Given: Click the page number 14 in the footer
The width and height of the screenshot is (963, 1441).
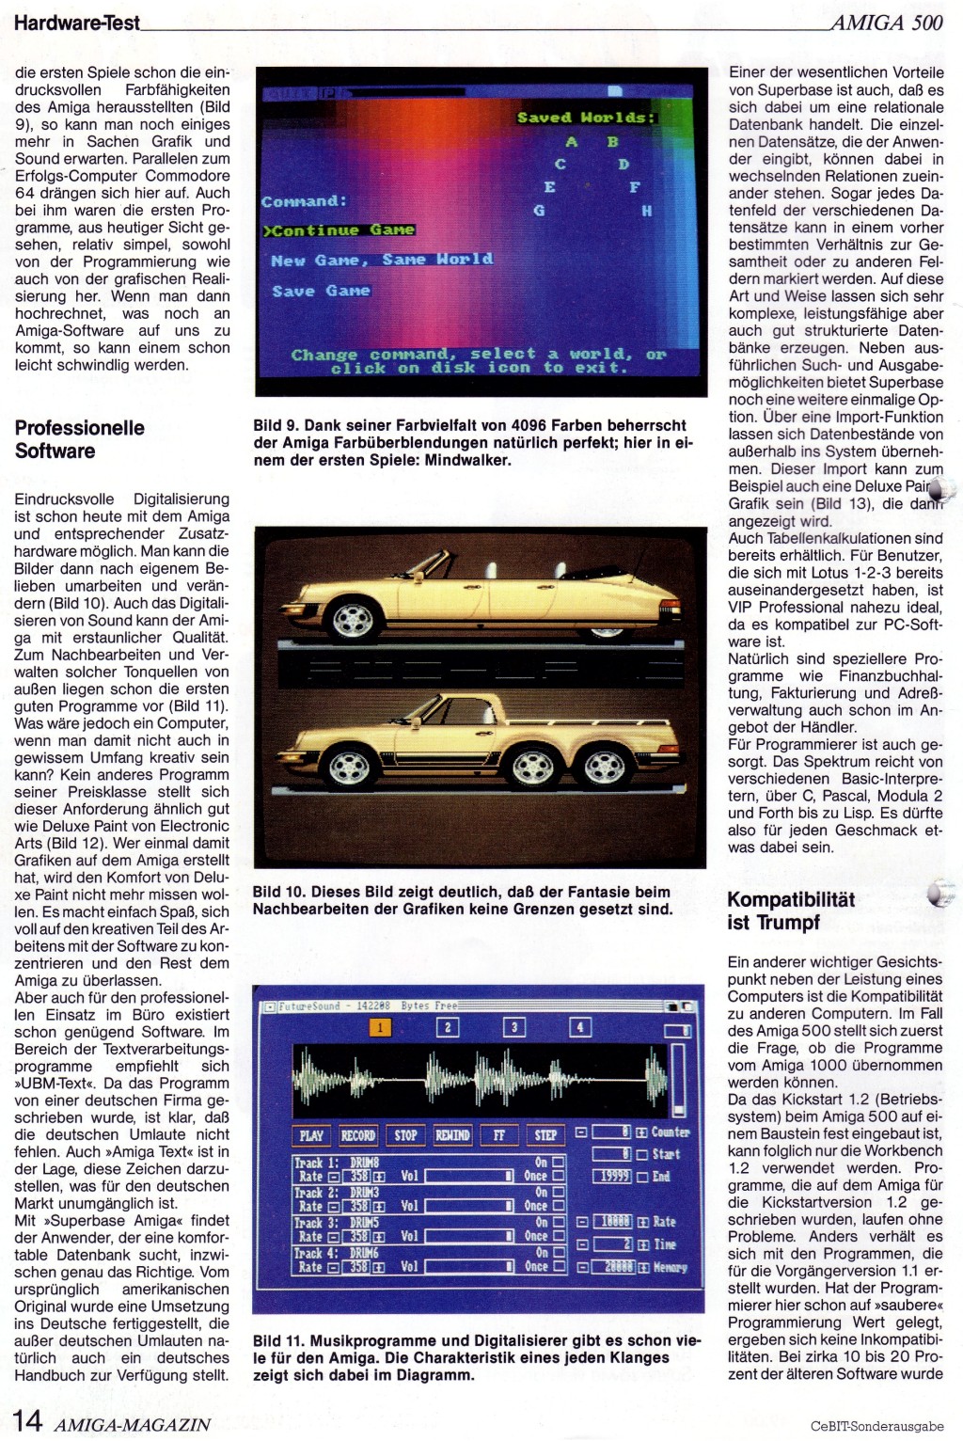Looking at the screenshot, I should [27, 1420].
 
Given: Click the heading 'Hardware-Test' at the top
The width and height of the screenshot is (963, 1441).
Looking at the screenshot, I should [76, 23].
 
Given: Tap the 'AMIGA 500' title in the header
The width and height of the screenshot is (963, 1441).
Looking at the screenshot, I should [886, 23].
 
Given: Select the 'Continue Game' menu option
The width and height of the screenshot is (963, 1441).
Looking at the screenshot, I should [339, 230].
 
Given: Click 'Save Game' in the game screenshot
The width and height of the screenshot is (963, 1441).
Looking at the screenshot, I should [321, 291].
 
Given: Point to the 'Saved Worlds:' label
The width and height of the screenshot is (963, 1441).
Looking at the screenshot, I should [585, 118].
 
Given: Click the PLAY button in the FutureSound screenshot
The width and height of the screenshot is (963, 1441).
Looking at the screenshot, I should [311, 1135].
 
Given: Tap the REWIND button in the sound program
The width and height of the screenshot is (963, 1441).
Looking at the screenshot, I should [452, 1135].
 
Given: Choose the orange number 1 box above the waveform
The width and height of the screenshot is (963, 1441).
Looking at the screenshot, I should [380, 1027].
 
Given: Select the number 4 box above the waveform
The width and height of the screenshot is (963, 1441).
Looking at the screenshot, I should [580, 1027].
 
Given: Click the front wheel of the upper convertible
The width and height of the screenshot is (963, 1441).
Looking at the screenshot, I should [354, 618].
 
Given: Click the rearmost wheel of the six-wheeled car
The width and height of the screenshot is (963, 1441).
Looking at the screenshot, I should [605, 768].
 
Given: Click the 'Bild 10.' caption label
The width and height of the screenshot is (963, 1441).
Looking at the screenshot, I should [278, 892].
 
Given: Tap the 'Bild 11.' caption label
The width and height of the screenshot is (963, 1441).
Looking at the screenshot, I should [278, 1340].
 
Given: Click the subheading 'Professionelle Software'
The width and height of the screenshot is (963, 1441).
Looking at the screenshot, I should [79, 439].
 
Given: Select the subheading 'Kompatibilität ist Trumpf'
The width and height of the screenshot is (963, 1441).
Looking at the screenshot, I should [791, 911].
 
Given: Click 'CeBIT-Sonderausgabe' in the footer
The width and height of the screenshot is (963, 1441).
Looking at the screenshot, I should [876, 1426].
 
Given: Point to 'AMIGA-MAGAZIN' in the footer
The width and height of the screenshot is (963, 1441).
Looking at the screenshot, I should [132, 1424].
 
